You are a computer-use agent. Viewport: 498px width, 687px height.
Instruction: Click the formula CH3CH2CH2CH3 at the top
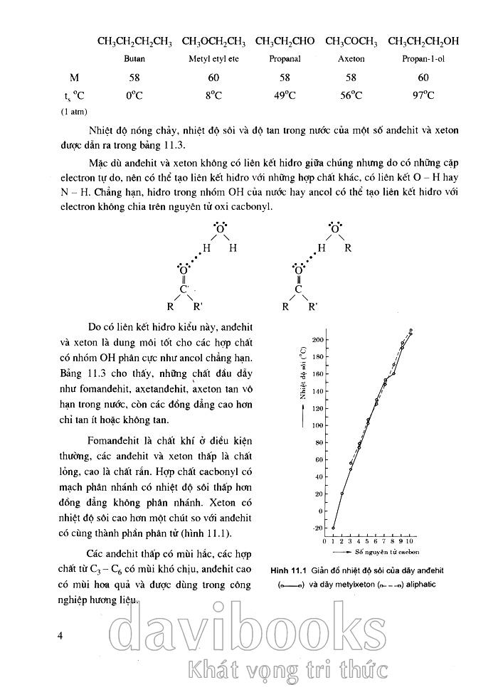tap(134, 42)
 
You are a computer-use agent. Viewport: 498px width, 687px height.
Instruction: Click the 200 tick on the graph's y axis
tap(317, 339)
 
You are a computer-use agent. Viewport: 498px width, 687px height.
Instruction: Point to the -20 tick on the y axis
tap(317, 528)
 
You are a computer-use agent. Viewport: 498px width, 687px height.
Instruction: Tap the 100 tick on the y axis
tap(317, 425)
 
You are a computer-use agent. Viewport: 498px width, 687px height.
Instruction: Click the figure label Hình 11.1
tap(287, 570)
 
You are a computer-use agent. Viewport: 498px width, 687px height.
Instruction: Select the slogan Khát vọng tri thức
tap(285, 669)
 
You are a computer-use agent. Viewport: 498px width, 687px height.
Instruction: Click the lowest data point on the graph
tap(333, 528)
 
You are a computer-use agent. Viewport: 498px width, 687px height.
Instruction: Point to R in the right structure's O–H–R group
tap(349, 248)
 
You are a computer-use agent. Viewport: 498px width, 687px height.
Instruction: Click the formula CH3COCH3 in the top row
tap(351, 42)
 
